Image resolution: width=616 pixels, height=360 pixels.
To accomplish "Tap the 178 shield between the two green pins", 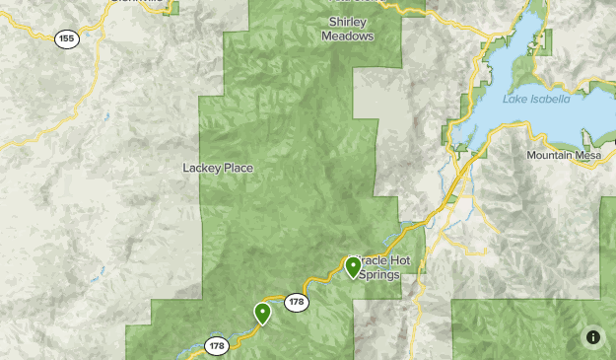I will pos(298,302).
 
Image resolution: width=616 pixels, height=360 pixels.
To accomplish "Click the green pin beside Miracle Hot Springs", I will pos(353,266).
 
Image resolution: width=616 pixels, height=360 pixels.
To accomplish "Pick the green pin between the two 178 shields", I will pos(262,313).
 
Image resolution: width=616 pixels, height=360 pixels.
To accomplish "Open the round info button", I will pos(593,337).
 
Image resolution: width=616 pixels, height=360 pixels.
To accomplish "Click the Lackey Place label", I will pos(218,168).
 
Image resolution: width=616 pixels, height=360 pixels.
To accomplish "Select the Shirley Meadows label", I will pos(348,30).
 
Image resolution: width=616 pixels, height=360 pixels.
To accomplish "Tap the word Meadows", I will pos(348,36).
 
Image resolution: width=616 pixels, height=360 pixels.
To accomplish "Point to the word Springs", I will pos(378,275).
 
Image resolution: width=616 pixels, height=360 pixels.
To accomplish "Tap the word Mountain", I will pos(548,156).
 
